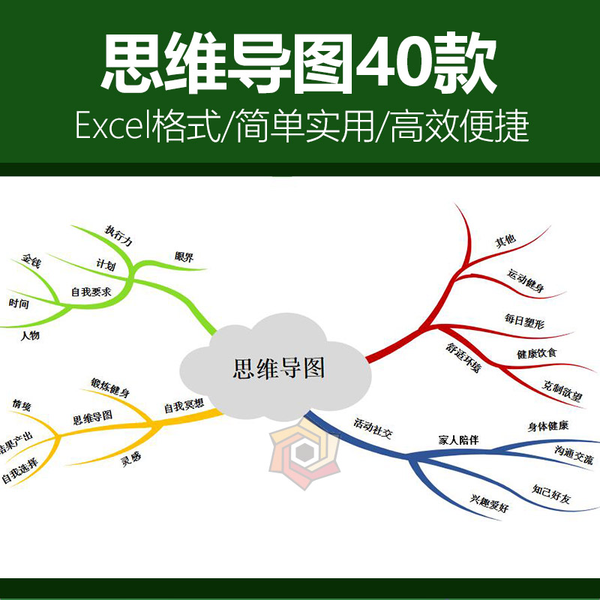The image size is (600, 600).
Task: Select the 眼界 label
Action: [184, 257]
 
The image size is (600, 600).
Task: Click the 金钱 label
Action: [31, 262]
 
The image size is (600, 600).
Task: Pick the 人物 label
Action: [30, 335]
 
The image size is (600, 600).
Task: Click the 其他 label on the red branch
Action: [505, 241]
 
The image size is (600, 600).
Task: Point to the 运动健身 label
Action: [526, 280]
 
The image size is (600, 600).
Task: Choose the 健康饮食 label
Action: [536, 352]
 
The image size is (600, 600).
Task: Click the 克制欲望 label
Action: [562, 391]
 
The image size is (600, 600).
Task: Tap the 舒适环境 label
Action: [463, 358]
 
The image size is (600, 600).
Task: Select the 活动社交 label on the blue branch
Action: [373, 435]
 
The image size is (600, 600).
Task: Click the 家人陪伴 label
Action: [457, 439]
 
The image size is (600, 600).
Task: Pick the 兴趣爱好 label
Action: [489, 503]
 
